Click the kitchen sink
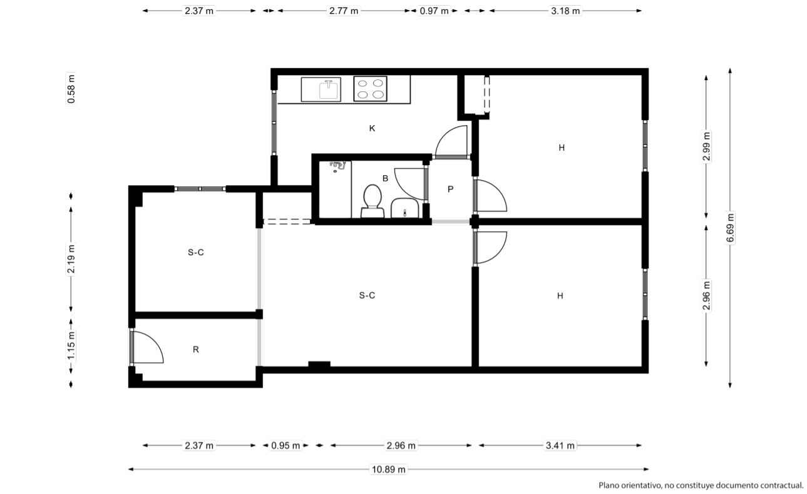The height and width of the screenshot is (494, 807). click(321, 89)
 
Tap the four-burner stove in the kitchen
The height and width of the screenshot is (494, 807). click(370, 89)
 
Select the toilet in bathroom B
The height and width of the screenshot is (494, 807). click(372, 201)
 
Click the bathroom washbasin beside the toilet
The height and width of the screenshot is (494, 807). click(404, 208)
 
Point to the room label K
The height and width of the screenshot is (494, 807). click(372, 128)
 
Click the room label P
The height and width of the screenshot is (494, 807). click(450, 189)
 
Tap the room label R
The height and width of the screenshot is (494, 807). click(195, 350)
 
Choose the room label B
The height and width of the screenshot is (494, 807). click(385, 178)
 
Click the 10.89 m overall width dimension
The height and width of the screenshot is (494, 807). click(388, 469)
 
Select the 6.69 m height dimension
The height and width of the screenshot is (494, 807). click(730, 228)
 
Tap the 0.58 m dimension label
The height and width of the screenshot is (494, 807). click(71, 89)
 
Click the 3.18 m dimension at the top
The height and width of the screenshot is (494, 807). click(565, 11)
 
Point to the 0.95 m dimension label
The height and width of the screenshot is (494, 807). click(285, 445)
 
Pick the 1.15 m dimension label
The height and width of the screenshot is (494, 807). click(71, 345)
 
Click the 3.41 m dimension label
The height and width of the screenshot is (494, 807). click(560, 445)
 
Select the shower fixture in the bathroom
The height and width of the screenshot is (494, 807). click(337, 166)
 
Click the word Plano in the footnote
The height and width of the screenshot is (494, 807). click(608, 485)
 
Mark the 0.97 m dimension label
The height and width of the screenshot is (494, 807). click(434, 11)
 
